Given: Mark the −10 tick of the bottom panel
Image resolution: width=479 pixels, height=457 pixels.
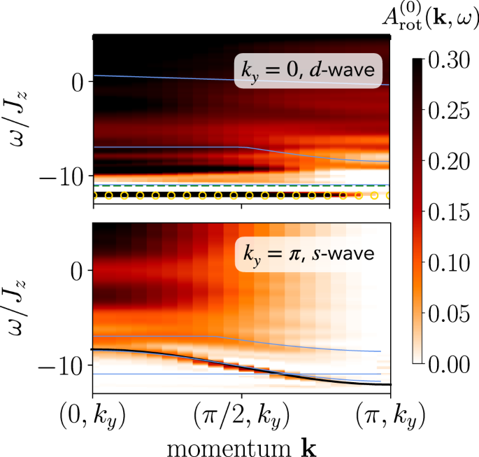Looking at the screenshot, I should point(67,365).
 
